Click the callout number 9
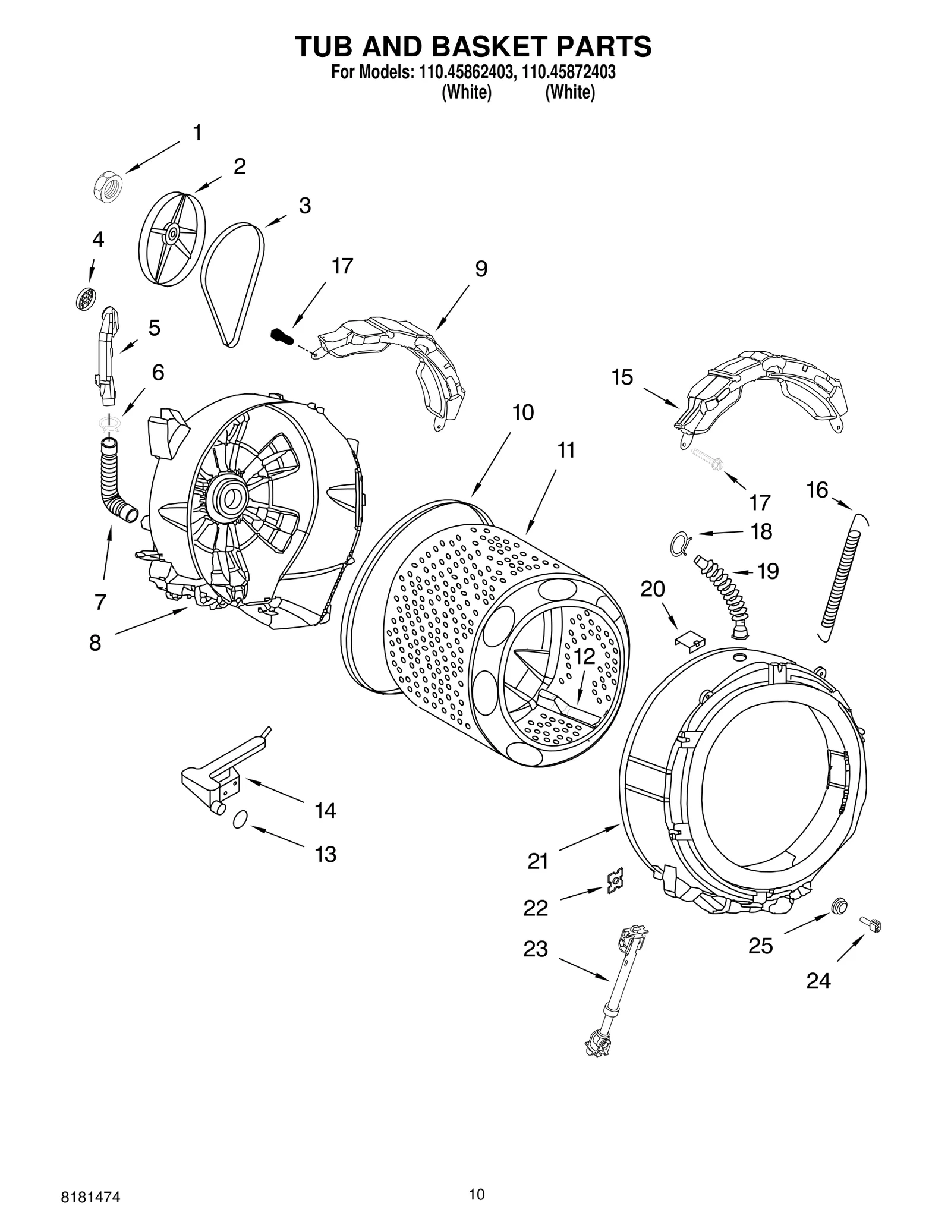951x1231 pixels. (481, 269)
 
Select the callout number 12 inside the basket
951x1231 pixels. (584, 657)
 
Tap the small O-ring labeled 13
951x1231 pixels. (239, 820)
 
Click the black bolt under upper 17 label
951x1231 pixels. (282, 336)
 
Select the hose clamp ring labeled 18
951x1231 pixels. (680, 541)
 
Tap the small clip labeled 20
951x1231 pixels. (689, 639)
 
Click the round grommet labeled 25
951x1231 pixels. (839, 905)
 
